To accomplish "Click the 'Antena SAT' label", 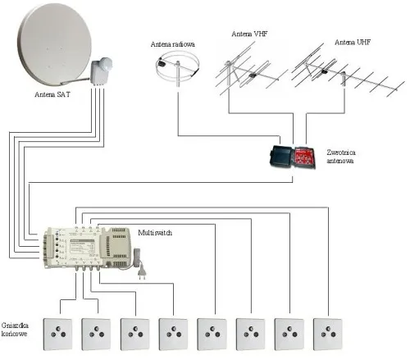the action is coord(52,94).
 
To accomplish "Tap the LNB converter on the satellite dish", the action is coord(102,71).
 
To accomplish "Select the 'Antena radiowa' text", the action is coord(173,44).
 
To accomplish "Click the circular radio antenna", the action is coord(177,66).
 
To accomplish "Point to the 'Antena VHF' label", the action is coord(249,34).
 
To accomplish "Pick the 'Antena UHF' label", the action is coord(353,43).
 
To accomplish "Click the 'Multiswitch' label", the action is coord(155,233).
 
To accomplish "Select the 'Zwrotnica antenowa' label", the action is coord(341,157).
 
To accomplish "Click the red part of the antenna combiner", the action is coord(304,157).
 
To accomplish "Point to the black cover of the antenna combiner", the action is coord(281,156).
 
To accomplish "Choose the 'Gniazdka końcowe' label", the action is coord(15,330).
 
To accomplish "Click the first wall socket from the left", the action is coord(58,334).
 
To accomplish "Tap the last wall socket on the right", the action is coord(328,334).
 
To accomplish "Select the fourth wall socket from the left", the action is coord(174,334).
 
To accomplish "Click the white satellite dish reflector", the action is coord(54,43).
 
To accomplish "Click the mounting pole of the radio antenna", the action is coord(178,73).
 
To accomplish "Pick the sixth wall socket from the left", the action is coord(251,334).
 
